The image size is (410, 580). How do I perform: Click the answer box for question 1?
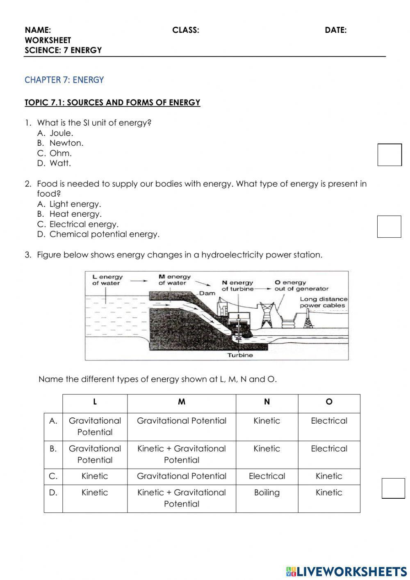tap(389, 155)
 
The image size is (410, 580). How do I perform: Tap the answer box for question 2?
tap(389, 227)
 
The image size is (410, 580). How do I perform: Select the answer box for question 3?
tap(393, 488)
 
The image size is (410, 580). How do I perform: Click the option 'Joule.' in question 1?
tap(61, 133)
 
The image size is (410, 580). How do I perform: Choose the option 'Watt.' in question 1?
tap(60, 163)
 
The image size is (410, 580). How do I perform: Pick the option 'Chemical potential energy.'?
tap(104, 234)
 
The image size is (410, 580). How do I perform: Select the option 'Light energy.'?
tap(75, 204)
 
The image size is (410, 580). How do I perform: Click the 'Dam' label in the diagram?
tap(207, 293)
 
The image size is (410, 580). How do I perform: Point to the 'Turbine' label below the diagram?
tap(240, 355)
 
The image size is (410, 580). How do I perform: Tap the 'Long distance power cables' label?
tap(323, 303)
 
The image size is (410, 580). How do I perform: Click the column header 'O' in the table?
tap(329, 402)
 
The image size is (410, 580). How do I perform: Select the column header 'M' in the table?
tap(182, 402)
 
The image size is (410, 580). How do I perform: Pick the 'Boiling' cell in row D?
tap(266, 493)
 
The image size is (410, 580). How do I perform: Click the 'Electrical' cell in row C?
tap(266, 476)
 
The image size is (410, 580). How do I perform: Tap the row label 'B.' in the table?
tap(53, 449)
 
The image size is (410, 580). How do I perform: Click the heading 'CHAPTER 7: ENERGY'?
tap(64, 80)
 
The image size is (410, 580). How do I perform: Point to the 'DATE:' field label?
tap(335, 30)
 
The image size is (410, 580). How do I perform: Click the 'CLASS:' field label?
tap(186, 30)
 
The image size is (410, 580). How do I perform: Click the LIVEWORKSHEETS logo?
tap(346, 571)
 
